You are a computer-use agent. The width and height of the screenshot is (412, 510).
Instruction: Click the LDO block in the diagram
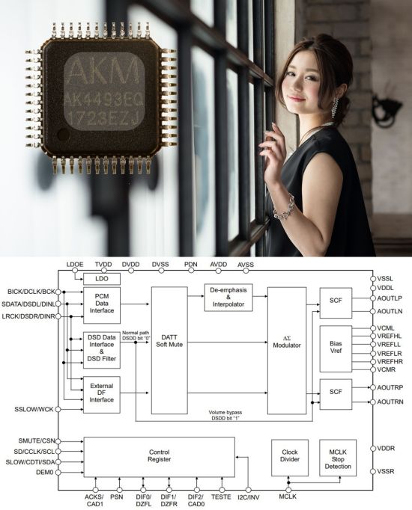click(x=102, y=279)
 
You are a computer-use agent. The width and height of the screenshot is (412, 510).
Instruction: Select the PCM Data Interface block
click(x=102, y=305)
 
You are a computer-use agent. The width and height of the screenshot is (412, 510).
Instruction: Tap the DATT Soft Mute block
click(x=169, y=350)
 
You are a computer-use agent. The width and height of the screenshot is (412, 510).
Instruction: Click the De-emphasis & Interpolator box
click(x=228, y=298)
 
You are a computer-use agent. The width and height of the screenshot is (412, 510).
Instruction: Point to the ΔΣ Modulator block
click(x=287, y=350)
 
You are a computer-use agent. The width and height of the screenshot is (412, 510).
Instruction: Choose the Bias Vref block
click(x=336, y=348)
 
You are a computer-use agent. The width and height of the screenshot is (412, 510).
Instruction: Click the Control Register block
click(x=160, y=457)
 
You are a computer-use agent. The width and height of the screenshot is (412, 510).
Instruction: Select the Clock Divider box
click(x=290, y=458)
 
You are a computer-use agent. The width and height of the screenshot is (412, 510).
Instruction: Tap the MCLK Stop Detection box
click(x=338, y=458)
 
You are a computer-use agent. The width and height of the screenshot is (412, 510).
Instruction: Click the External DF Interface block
click(x=102, y=395)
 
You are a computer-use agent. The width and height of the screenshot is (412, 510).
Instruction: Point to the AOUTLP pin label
click(x=390, y=298)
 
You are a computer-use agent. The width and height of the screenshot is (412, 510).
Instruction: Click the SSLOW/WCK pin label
click(x=34, y=409)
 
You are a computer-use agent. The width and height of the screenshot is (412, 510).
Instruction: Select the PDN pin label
click(x=191, y=265)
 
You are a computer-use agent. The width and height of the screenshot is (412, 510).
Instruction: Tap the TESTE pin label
click(x=221, y=497)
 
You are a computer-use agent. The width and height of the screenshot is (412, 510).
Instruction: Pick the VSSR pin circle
click(x=373, y=471)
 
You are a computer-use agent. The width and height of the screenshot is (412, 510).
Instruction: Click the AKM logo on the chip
click(x=103, y=72)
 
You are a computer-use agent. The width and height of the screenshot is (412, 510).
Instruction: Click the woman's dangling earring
click(x=335, y=108)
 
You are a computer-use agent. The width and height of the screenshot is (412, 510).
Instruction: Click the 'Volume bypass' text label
click(x=225, y=413)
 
